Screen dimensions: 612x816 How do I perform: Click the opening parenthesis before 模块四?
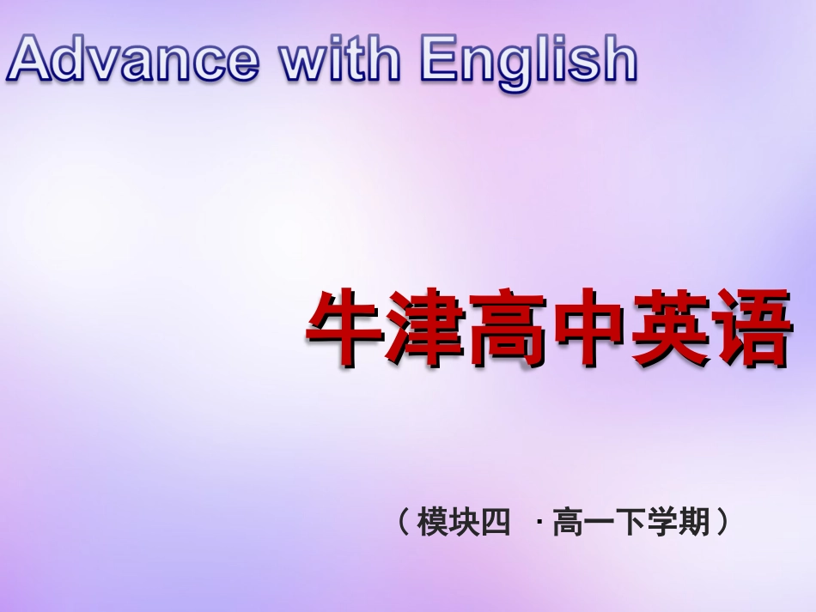pyautogui.click(x=404, y=521)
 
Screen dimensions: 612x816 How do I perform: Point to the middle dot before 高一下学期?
pyautogui.click(x=539, y=521)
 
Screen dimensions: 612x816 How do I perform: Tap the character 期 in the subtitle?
pyautogui.click(x=693, y=521)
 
